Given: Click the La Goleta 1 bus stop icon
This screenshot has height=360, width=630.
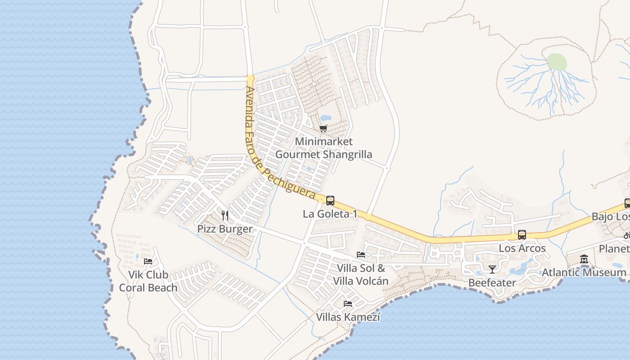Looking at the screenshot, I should [330, 201].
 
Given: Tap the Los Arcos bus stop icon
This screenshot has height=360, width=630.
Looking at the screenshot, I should [522, 235].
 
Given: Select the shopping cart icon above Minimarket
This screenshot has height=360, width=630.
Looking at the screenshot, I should [323, 129].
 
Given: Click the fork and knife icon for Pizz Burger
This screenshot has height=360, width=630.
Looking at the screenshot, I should [225, 216].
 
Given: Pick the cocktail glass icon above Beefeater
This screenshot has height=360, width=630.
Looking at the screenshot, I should [492, 270].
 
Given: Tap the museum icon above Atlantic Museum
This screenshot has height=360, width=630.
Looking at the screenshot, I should [584, 259].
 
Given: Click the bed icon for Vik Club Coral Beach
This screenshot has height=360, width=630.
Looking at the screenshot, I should [148, 261].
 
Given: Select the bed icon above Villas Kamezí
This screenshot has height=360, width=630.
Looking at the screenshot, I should [348, 304].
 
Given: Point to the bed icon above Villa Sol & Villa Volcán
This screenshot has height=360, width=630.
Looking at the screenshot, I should [361, 255].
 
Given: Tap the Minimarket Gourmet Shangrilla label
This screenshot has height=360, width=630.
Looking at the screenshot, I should [324, 148].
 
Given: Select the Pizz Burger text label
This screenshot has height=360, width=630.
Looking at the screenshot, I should [225, 229].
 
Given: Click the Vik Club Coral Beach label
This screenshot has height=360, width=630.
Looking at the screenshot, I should [148, 281].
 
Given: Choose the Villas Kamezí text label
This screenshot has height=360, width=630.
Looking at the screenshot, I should [348, 317].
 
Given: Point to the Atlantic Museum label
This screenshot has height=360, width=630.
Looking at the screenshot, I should [584, 273].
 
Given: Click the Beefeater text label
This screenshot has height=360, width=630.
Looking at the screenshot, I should [492, 283].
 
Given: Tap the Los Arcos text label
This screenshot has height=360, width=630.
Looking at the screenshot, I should [522, 248].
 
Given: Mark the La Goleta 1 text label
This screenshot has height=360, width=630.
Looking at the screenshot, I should [330, 214].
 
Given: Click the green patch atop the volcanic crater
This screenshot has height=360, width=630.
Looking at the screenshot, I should [557, 62].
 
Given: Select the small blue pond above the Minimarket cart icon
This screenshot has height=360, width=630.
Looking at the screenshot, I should [326, 118].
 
